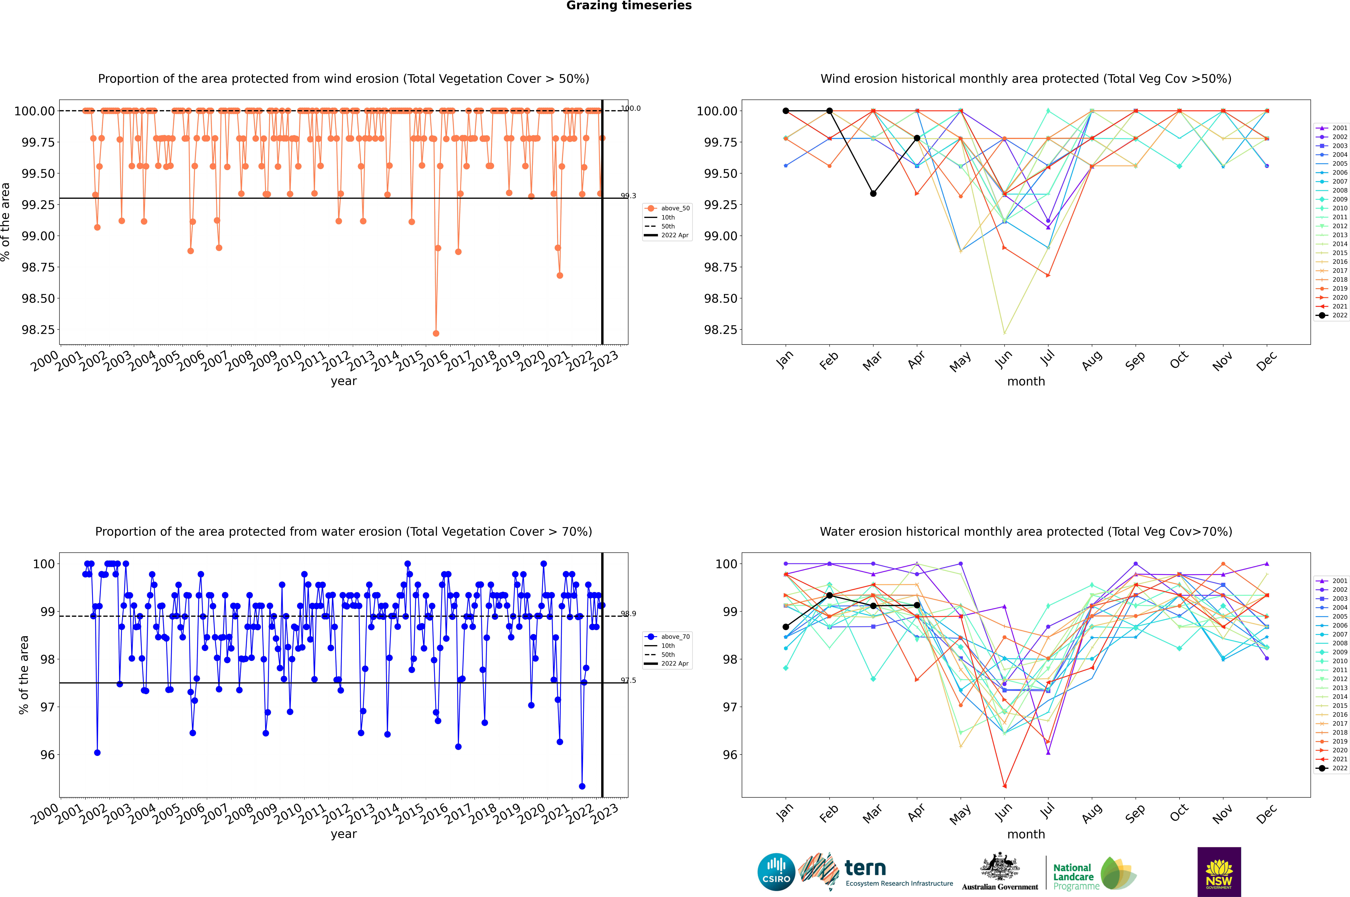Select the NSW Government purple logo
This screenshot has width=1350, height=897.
coord(1219,872)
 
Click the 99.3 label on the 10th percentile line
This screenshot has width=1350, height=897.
coord(628,196)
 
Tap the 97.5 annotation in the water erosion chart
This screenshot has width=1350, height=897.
coord(628,680)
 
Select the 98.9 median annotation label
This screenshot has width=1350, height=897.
coord(628,614)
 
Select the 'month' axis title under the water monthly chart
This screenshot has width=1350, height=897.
coord(1025,834)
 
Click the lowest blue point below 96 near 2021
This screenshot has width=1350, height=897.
coord(582,786)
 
